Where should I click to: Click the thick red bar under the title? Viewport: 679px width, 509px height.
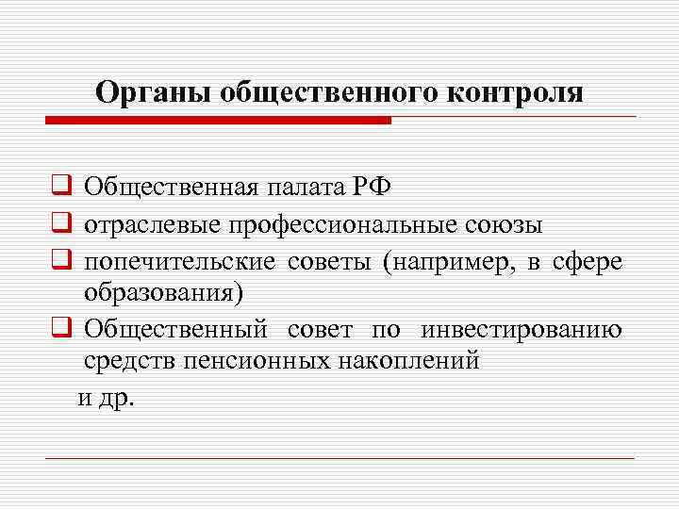point(217,120)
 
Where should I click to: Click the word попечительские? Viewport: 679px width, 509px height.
point(165,263)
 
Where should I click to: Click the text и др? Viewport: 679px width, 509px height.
point(107,397)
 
